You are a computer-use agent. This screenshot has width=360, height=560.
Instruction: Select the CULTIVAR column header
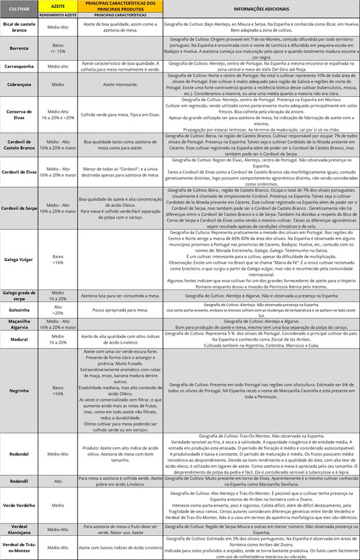pyautogui.click(x=19, y=9)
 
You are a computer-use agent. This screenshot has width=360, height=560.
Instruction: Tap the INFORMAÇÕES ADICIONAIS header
pyautogui.click(x=260, y=9)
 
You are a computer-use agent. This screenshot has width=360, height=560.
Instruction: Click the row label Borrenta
pyautogui.click(x=19, y=47)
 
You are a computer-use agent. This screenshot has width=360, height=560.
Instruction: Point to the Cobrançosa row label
pyautogui.click(x=19, y=85)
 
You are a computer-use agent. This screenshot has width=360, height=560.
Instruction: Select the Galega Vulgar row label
pyautogui.click(x=19, y=259)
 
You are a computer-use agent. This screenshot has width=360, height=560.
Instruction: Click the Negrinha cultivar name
pyautogui.click(x=19, y=390)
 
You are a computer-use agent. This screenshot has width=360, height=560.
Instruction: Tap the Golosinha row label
pyautogui.click(x=19, y=310)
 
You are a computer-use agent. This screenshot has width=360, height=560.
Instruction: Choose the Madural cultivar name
pyautogui.click(x=19, y=339)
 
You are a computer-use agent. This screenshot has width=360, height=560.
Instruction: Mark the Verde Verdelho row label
pyautogui.click(x=19, y=505)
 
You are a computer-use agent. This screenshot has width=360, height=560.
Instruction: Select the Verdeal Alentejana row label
pyautogui.click(x=19, y=530)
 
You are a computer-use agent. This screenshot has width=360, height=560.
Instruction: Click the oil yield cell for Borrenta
pyautogui.click(x=58, y=47)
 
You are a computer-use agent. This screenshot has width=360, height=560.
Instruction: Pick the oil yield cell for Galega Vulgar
pyautogui.click(x=58, y=259)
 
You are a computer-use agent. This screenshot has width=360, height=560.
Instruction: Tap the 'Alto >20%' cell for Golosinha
pyautogui.click(x=58, y=310)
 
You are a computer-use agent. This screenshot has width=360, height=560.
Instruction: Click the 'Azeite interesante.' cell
pyautogui.click(x=120, y=85)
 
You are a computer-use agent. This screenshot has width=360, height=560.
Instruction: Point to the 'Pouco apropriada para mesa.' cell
pyautogui.click(x=120, y=310)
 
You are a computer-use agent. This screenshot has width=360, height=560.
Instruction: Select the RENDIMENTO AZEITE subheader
pyautogui.click(x=58, y=15)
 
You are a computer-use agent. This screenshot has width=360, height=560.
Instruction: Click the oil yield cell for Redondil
pyautogui.click(x=58, y=482)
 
